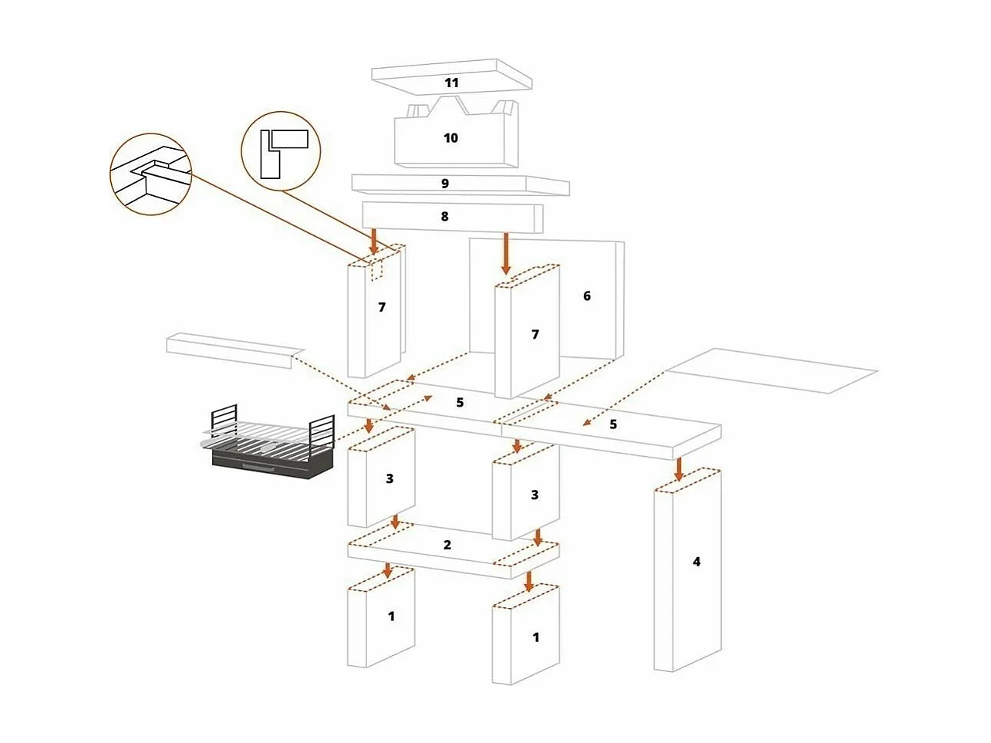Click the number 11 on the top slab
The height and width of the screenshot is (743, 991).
451,82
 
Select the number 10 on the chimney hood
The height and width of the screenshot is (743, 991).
451,138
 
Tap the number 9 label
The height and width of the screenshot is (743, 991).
445,184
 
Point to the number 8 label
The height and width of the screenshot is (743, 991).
445,217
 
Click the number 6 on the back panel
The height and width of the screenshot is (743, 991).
587,296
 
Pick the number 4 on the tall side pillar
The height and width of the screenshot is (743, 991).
696,562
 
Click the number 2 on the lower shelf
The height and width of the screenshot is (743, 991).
447,545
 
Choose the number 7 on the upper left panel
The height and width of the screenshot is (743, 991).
382,307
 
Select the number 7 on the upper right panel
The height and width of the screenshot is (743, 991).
535,334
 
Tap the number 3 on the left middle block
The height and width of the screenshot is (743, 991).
389,479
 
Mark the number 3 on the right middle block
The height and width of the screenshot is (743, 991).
535,495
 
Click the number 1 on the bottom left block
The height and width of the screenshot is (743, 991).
392,616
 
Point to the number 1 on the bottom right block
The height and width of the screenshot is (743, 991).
536,638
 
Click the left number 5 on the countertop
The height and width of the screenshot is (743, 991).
460,403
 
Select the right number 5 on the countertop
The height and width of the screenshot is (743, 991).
613,424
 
